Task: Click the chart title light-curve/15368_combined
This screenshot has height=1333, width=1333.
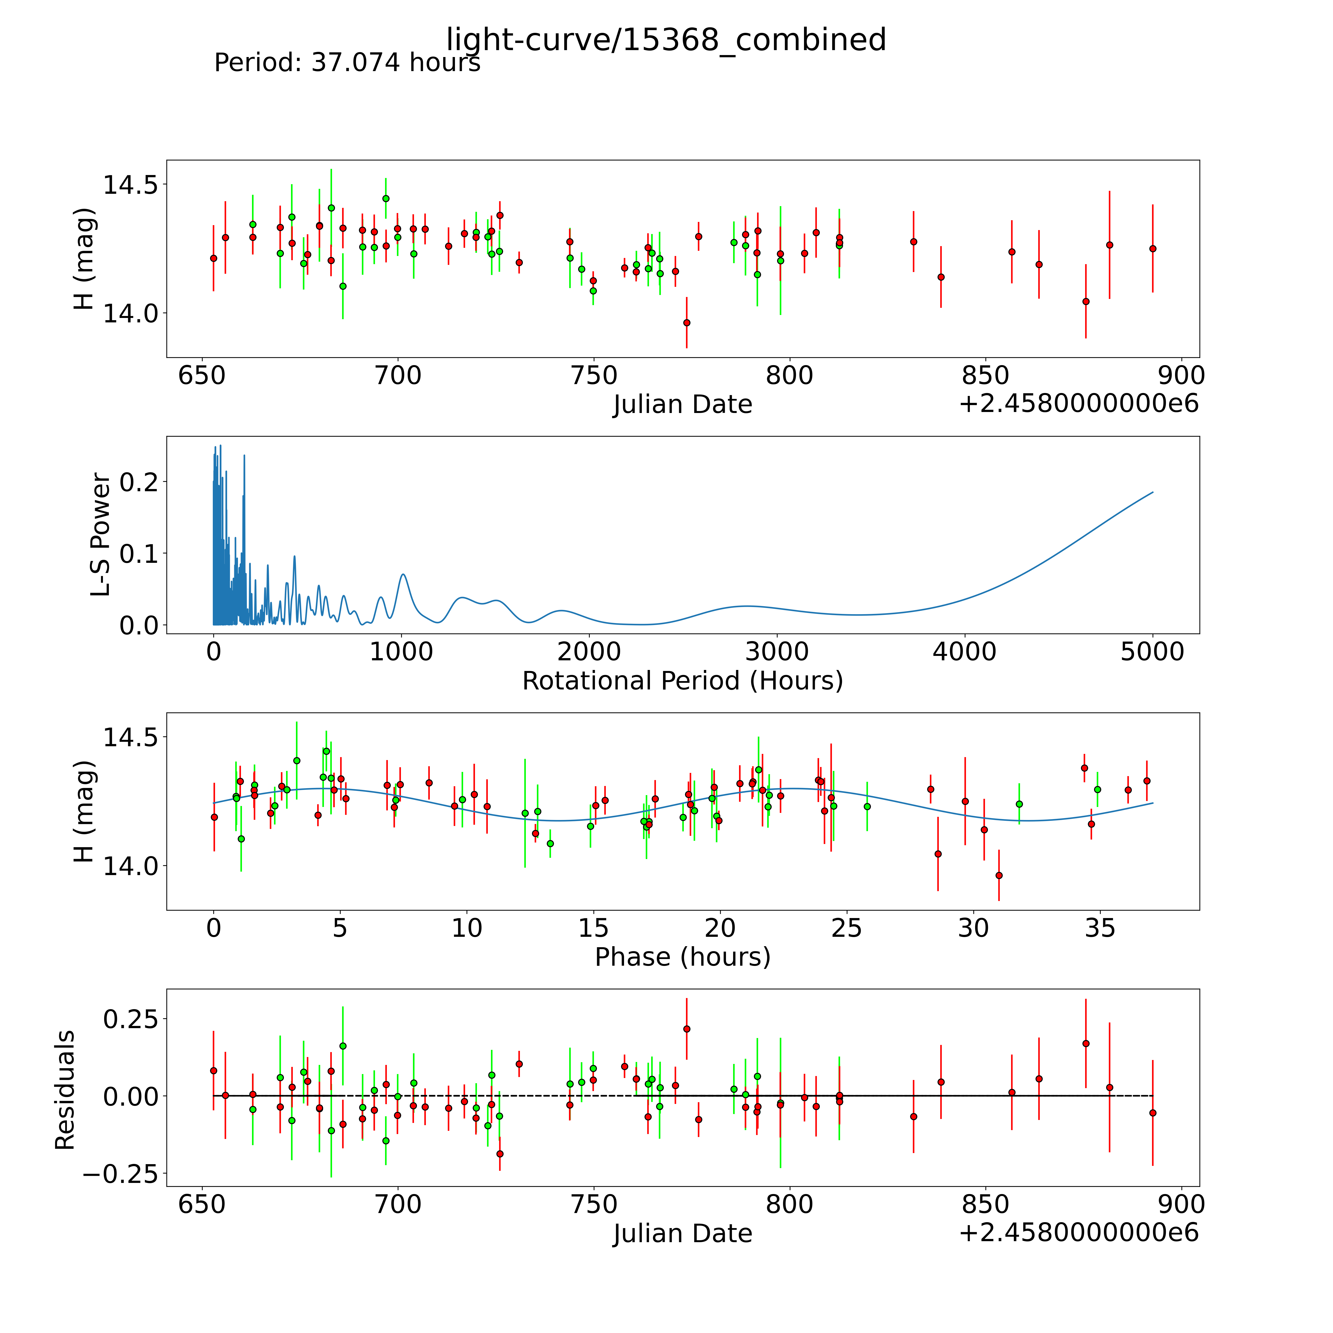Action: click(x=666, y=40)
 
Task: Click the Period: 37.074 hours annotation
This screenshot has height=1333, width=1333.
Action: click(x=347, y=63)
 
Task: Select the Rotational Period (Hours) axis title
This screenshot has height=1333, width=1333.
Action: click(x=682, y=681)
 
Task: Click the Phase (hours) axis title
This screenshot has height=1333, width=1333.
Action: click(x=682, y=957)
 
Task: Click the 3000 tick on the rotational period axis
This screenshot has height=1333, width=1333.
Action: click(x=777, y=651)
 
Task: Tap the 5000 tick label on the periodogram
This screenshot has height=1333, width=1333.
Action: click(x=1152, y=651)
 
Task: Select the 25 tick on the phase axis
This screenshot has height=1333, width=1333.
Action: click(x=847, y=928)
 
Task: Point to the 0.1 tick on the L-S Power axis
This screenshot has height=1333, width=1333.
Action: click(x=138, y=553)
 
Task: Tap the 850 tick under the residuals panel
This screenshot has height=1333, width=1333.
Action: click(x=985, y=1204)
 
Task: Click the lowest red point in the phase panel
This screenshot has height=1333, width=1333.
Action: click(x=998, y=875)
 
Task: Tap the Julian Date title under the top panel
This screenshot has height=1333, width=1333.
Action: click(x=682, y=404)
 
